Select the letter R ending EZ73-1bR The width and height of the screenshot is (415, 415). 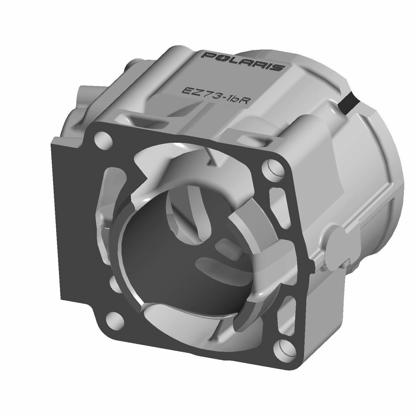tap(243, 101)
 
